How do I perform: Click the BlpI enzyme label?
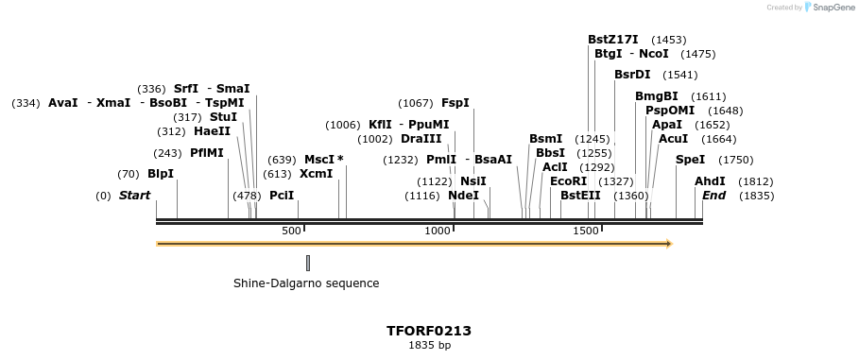coord(161,174)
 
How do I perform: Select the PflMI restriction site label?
coord(207,153)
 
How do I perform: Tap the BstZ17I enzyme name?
coord(613,40)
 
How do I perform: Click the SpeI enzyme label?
coord(690,160)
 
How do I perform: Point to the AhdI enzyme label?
coord(710,181)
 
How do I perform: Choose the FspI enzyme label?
coord(455,103)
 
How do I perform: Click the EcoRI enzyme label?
coord(568,181)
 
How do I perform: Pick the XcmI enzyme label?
coord(316,174)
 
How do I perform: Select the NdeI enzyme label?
coord(463,196)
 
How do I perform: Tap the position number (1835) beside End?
coord(756,196)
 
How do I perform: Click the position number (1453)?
coord(669,40)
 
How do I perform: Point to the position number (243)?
coord(167,153)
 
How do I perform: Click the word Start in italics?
coord(134,196)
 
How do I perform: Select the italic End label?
coord(714,196)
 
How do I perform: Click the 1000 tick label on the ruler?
coord(438,231)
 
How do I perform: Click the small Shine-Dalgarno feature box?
coord(308,263)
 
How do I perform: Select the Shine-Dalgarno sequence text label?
coord(306,283)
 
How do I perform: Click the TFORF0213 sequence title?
coord(429,331)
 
